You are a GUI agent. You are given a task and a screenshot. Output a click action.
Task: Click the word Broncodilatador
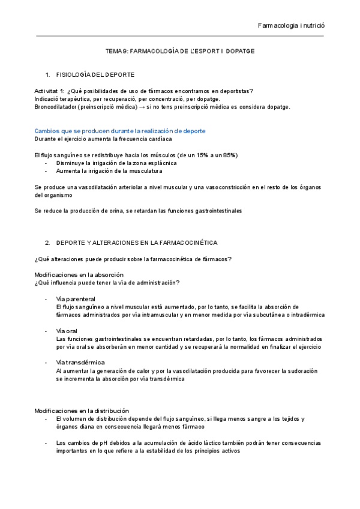[55, 107]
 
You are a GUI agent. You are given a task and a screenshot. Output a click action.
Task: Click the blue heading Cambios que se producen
[119, 131]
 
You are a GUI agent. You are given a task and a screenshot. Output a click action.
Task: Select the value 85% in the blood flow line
[229, 155]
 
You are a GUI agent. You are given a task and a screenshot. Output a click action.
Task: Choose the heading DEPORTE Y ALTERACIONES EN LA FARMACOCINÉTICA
[137, 242]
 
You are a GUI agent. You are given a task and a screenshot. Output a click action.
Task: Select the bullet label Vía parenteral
[76, 298]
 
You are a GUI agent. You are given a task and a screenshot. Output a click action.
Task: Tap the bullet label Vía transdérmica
[80, 363]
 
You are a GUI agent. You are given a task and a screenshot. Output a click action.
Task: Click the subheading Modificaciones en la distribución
[82, 411]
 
